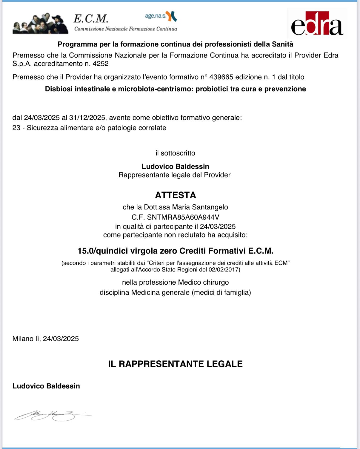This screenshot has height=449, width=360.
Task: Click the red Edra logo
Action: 317,24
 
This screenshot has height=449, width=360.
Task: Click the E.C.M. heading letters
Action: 91,18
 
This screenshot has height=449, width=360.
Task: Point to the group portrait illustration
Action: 40,24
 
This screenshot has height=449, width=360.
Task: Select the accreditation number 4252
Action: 101,64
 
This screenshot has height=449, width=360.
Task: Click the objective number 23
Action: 16,128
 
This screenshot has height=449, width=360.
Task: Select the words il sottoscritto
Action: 175,153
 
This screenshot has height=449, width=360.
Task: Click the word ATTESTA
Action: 176,195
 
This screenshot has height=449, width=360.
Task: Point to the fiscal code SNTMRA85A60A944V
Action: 183,217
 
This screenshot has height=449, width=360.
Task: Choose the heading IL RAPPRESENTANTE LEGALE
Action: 176,364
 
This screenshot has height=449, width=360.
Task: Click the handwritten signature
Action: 51,415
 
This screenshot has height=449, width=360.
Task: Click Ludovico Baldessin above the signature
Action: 46,386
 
